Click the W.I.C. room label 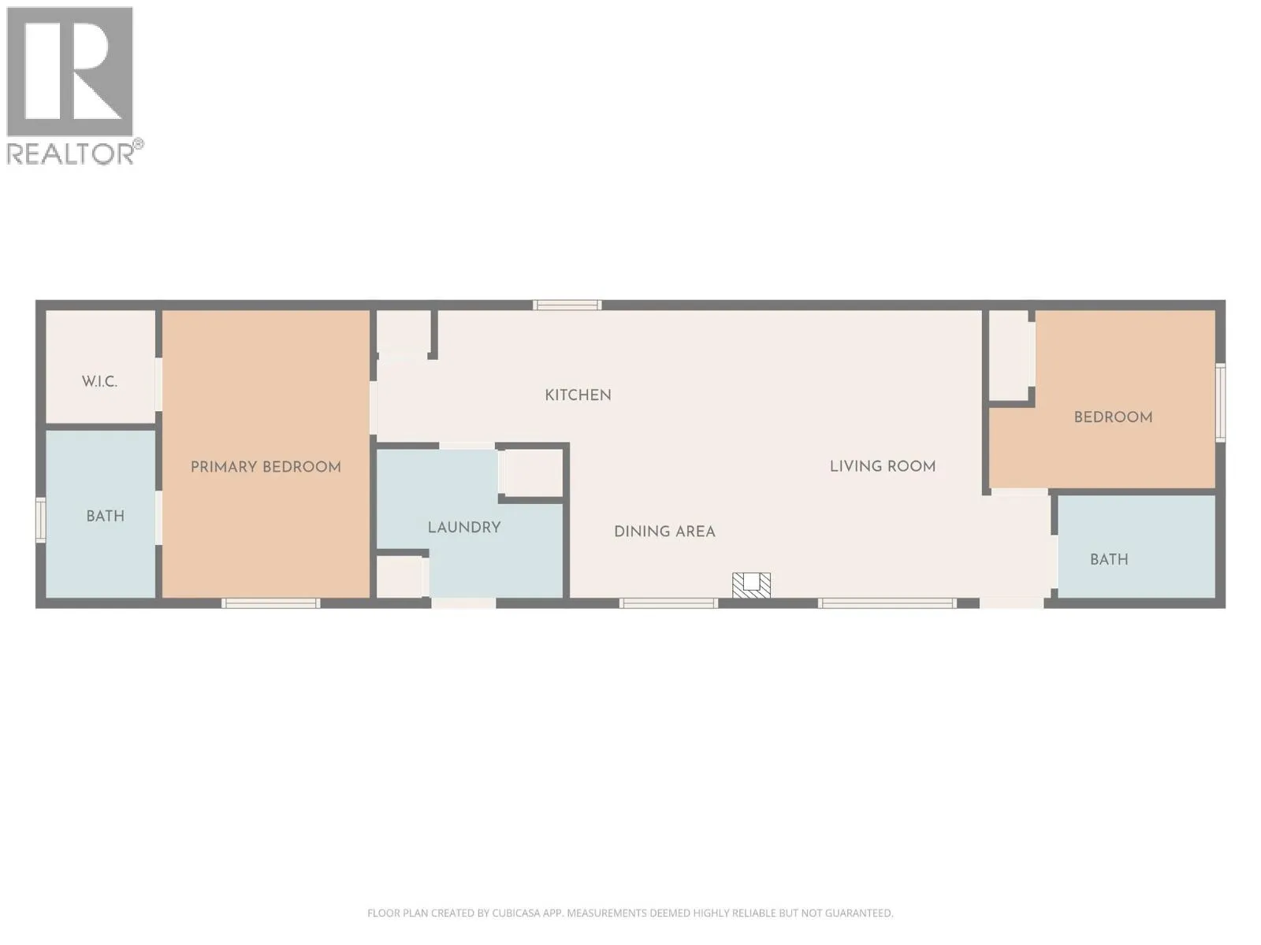tap(99, 382)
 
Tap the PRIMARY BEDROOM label tap(266, 467)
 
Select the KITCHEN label tap(578, 395)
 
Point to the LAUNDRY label tap(464, 528)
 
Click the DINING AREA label tap(664, 532)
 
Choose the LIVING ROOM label tap(883, 466)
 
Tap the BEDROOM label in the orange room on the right tap(1114, 417)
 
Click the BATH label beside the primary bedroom tap(105, 517)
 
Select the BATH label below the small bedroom tap(1109, 559)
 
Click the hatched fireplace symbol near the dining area tap(751, 584)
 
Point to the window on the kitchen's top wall tap(567, 306)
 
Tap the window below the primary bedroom tap(271, 603)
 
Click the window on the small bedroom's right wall tap(1220, 402)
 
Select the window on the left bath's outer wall tap(41, 520)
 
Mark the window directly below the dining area tap(668, 603)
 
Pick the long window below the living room tap(887, 603)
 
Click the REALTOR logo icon tap(70, 72)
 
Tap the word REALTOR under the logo tap(70, 154)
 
